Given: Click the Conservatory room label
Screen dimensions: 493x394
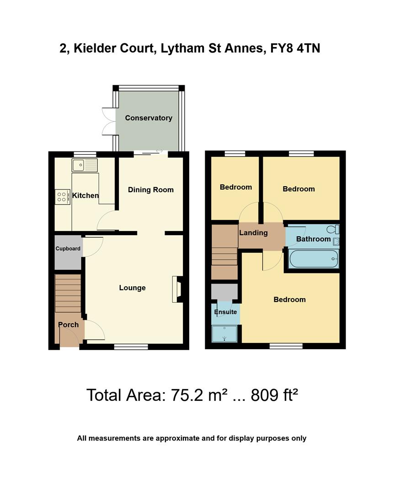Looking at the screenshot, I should (x=149, y=118).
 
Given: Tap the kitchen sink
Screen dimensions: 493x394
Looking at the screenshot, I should (x=85, y=165).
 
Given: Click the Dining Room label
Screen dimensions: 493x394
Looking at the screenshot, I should (x=150, y=190).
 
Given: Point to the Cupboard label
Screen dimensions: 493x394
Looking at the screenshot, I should (x=68, y=249).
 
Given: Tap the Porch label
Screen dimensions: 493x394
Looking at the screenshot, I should (x=68, y=325).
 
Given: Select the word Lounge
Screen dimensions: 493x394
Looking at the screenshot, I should (x=132, y=288).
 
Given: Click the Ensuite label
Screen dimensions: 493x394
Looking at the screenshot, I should (x=226, y=312).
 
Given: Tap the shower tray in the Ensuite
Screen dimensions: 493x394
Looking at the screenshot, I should (x=225, y=334).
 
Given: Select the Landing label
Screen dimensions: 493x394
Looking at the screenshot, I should (x=254, y=233).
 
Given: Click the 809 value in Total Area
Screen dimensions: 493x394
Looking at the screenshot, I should (x=261, y=395).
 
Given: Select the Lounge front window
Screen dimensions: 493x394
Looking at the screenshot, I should (x=131, y=347).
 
